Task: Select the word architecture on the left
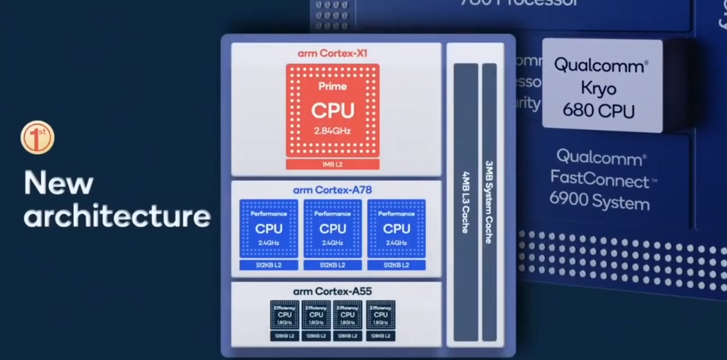coord(117,216)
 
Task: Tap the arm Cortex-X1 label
coord(332,53)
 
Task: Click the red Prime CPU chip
coord(332,110)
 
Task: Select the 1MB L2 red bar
coord(332,164)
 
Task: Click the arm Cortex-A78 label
coord(332,190)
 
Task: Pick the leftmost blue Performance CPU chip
coord(268,228)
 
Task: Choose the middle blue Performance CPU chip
coord(332,228)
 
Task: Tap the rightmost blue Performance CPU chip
coord(397,228)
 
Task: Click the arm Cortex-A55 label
coord(332,291)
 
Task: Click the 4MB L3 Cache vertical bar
coord(465,201)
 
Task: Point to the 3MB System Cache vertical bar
coord(489,201)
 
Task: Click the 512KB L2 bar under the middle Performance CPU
coord(332,264)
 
